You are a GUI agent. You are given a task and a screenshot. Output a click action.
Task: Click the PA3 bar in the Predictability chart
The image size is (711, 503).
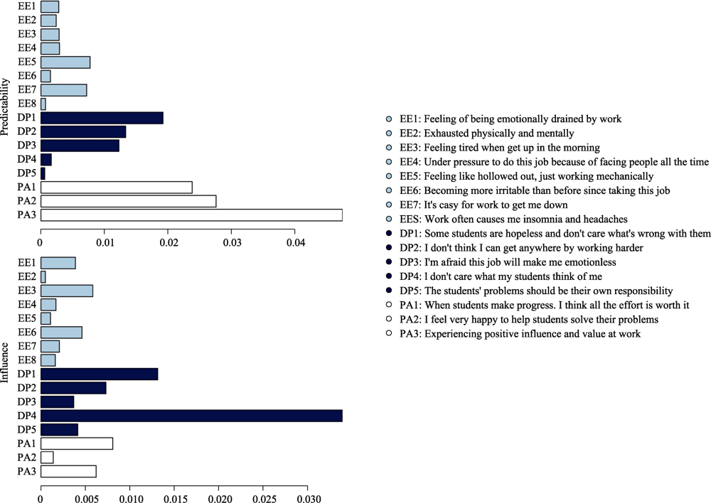tap(191, 215)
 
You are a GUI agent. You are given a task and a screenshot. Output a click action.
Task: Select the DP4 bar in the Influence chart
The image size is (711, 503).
tap(191, 416)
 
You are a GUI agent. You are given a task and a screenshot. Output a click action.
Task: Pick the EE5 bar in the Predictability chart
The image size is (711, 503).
tap(65, 62)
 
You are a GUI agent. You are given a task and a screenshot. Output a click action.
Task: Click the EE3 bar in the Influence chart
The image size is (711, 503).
tap(67, 291)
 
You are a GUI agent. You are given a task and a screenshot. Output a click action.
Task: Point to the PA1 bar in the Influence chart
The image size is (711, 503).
tap(77, 444)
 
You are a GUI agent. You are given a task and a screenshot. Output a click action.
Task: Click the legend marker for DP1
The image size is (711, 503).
tap(387, 234)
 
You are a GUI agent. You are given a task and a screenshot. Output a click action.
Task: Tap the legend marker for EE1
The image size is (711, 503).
tap(387, 119)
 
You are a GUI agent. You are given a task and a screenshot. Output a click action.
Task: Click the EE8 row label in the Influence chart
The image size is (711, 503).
tap(26, 360)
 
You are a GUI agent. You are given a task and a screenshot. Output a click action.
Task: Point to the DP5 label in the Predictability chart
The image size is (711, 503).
tap(26, 173)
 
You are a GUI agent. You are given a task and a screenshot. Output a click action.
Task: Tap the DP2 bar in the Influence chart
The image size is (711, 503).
tap(73, 388)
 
